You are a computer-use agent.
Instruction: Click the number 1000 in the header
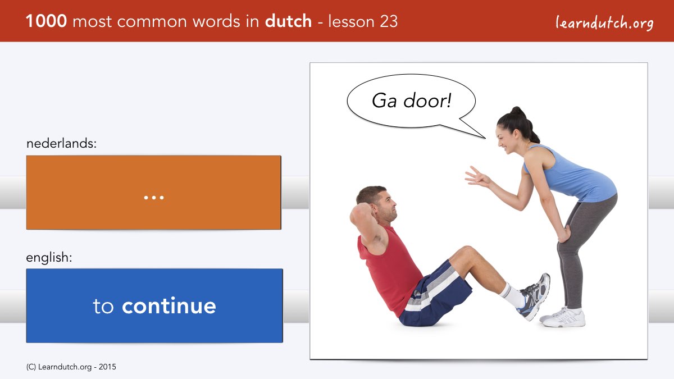pos(46,21)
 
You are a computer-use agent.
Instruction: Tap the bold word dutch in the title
pos(288,21)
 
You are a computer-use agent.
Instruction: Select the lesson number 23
pos(389,21)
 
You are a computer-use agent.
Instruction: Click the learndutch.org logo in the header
pos(604,22)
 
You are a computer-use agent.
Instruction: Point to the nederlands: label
pos(61,144)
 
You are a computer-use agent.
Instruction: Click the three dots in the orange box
pos(154,198)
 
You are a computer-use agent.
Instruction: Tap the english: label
pos(49,258)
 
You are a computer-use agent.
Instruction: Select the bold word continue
pos(169,306)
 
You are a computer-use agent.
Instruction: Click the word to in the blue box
pos(103,307)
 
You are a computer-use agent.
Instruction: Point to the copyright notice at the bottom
pos(71,367)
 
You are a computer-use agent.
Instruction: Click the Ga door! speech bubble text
pos(411,101)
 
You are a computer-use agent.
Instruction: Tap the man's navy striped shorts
pos(435,294)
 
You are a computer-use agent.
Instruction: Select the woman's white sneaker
pos(563,317)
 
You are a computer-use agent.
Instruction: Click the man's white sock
pos(512,295)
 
